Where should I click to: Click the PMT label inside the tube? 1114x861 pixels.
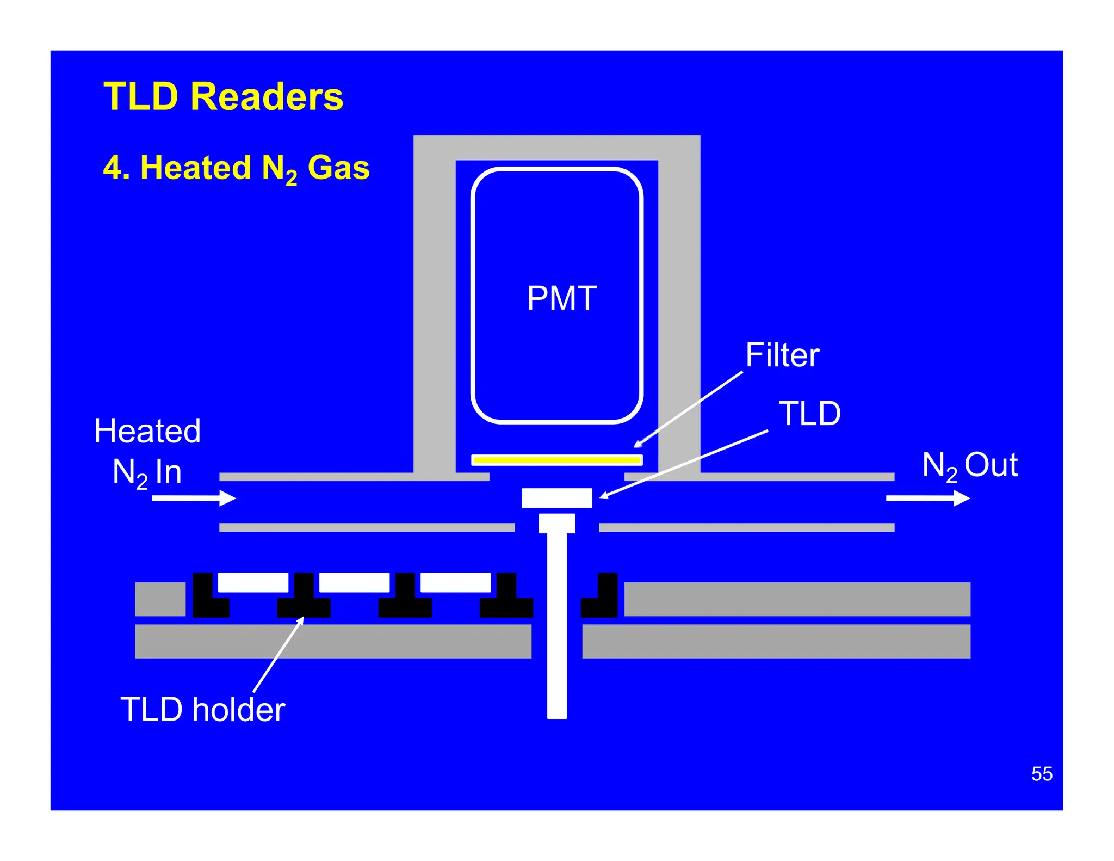(x=561, y=298)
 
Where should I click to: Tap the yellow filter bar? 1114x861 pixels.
(x=556, y=460)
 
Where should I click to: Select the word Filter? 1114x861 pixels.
(x=782, y=355)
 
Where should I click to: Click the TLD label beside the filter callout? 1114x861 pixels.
(x=809, y=414)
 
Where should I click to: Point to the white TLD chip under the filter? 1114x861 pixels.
(x=556, y=497)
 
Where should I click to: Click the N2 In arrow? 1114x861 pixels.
(x=194, y=497)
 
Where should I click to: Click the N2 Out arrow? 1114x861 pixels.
(x=927, y=497)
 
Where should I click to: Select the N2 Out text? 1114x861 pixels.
(x=969, y=466)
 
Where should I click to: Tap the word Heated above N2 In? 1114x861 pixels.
(x=147, y=431)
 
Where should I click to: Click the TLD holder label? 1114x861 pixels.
(x=202, y=710)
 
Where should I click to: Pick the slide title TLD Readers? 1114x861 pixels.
(x=223, y=96)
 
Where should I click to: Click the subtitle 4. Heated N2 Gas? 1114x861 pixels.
(x=236, y=168)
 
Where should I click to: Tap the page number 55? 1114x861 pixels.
(x=1041, y=773)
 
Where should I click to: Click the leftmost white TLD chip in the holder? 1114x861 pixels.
(x=253, y=582)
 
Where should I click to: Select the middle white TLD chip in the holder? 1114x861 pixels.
(x=354, y=582)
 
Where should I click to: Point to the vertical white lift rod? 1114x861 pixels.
(x=556, y=626)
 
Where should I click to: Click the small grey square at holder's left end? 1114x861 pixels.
(x=160, y=599)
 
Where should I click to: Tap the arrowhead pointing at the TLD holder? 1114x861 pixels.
(x=301, y=620)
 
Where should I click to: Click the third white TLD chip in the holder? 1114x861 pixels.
(x=455, y=582)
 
